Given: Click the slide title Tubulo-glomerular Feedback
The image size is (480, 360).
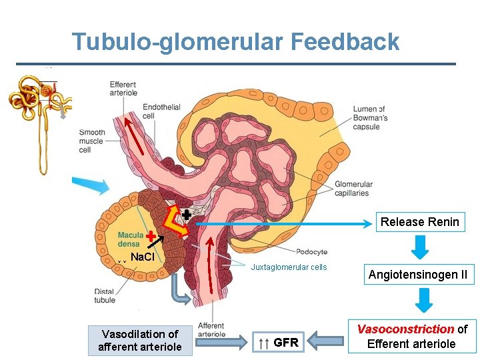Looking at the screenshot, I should (236, 41).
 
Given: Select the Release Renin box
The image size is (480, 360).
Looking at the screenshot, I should (419, 222).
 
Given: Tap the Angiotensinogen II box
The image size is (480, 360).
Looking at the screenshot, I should (419, 275).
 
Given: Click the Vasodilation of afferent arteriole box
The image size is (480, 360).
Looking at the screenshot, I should (139, 340).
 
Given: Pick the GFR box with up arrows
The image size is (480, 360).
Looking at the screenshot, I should (279, 343).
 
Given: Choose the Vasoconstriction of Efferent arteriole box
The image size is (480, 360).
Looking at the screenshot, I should (412, 337).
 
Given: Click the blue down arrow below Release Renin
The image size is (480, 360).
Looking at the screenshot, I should (419, 247).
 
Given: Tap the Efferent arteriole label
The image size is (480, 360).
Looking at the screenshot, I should (123, 89).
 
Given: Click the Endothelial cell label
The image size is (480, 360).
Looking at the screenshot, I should (157, 110).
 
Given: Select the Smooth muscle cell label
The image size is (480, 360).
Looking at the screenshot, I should (93, 141).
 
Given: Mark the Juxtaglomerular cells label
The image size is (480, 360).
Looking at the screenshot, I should (289, 267).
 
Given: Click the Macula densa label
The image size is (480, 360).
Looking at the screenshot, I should (129, 239).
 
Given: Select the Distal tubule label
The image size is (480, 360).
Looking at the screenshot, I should (105, 295).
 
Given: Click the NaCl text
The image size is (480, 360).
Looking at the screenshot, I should (143, 257).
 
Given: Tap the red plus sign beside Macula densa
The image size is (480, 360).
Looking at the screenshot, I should (151, 236).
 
